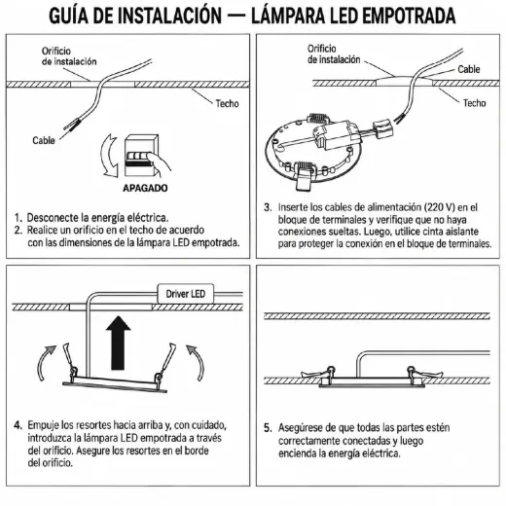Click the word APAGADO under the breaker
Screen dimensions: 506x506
pos(145,188)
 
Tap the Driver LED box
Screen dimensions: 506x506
pos(186,294)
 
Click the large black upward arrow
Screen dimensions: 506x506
pos(118,343)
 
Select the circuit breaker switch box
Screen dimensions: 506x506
pos(141,155)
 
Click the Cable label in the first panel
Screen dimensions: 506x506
pos(44,140)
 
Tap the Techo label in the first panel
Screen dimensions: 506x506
pos(227,103)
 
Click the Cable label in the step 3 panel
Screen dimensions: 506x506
pos(468,69)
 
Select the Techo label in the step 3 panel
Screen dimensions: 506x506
pos(474,103)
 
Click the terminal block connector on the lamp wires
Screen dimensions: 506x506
pos(383,128)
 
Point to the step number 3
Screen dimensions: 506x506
pos(268,207)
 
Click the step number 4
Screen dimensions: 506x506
pos(18,425)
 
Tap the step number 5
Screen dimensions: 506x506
pos(268,428)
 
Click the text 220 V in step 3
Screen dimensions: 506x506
pos(440,207)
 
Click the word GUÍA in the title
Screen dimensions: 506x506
pos(68,16)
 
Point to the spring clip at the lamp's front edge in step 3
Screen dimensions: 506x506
pos(304,175)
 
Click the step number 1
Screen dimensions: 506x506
pos(18,217)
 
